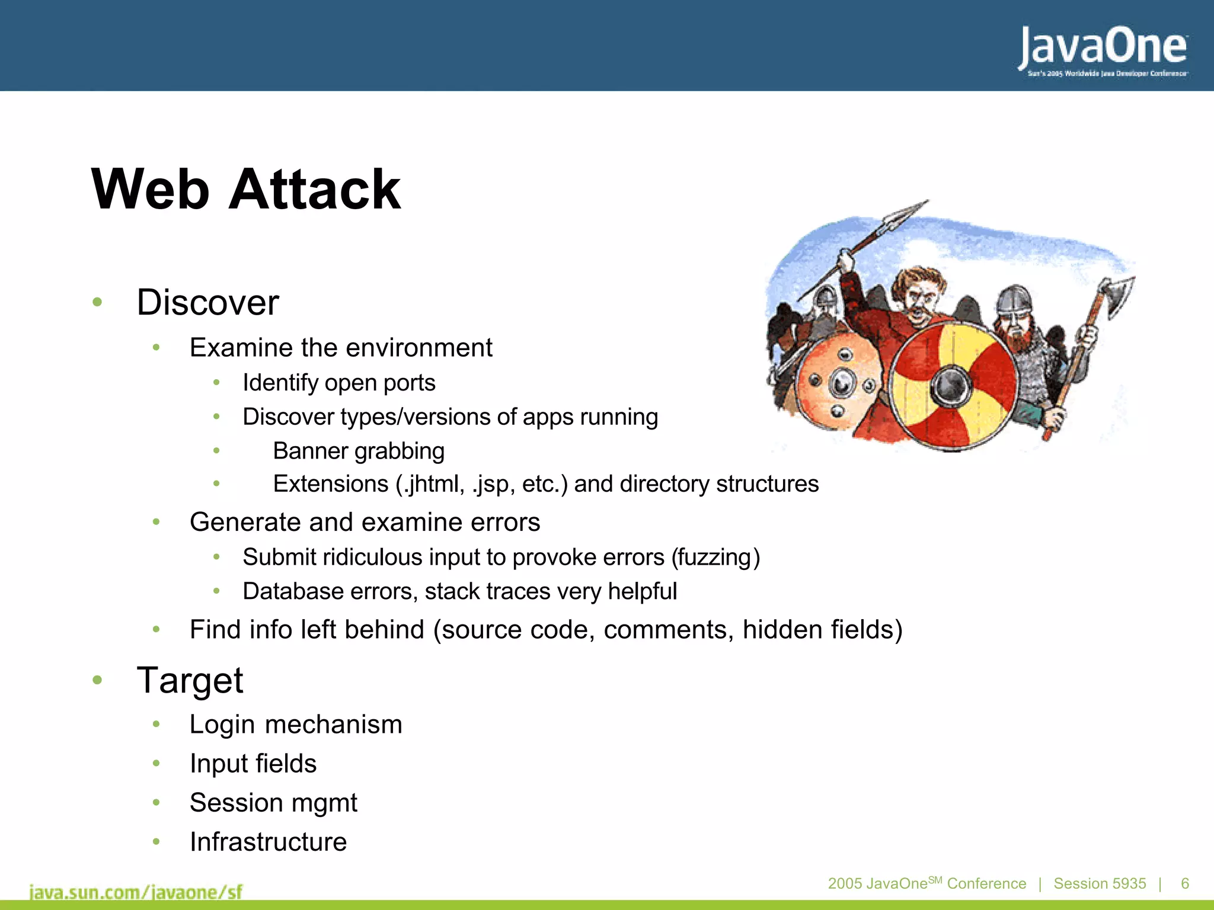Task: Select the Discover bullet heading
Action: [x=207, y=303]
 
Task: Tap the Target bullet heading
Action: [x=190, y=680]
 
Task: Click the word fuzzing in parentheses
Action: [x=715, y=557]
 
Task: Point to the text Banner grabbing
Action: [x=358, y=451]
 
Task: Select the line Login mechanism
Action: [x=295, y=725]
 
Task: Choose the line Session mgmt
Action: [x=273, y=803]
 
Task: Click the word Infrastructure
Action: [x=268, y=842]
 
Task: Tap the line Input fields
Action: [x=253, y=764]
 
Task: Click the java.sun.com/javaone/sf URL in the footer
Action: [x=136, y=892]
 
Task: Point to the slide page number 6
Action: [x=1185, y=883]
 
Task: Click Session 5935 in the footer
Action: [x=1100, y=883]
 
